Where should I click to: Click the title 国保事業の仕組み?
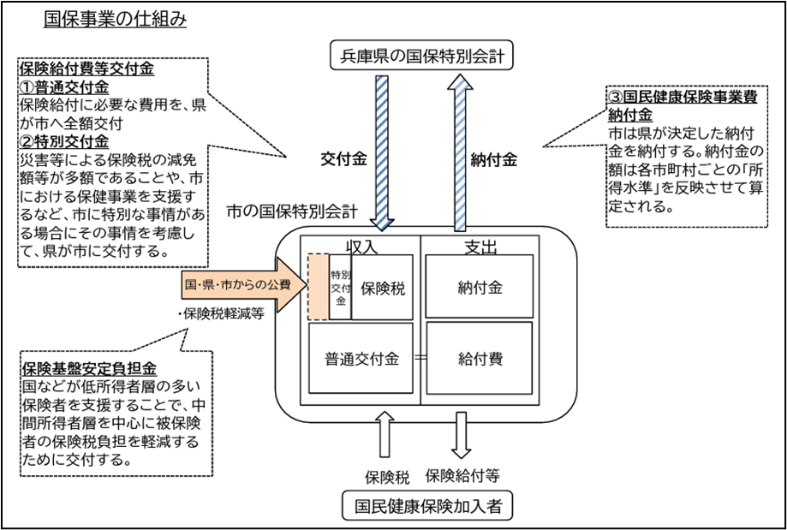tap(115, 17)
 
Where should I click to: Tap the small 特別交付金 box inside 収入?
tap(340, 288)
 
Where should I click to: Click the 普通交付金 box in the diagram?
tap(361, 360)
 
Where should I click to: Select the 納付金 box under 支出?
tap(480, 288)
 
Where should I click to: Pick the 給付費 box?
tap(480, 360)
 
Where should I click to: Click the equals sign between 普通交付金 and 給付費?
tap(420, 360)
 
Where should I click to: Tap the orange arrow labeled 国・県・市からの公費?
tap(240, 284)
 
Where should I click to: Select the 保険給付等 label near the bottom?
tap(462, 473)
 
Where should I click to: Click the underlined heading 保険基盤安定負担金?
tap(88, 369)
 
